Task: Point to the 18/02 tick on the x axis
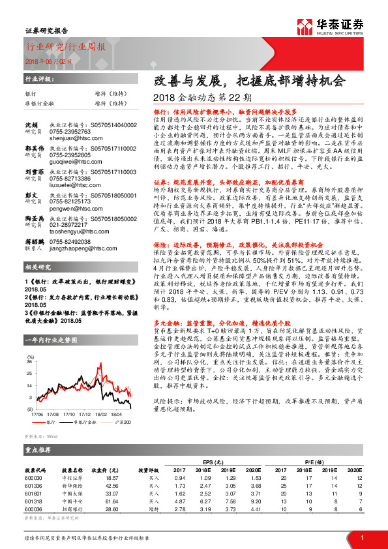100,413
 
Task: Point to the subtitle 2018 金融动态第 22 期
196,98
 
